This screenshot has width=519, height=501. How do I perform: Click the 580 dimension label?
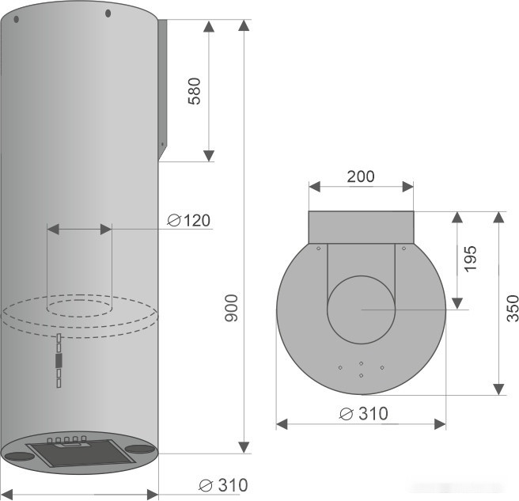(195, 91)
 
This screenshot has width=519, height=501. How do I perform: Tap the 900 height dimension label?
(231, 308)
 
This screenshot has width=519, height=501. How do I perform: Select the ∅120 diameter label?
(188, 221)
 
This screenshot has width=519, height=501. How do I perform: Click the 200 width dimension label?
(361, 176)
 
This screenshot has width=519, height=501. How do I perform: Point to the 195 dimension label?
(470, 259)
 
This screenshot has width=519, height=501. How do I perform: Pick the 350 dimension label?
(513, 308)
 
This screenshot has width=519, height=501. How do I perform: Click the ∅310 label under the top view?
(364, 414)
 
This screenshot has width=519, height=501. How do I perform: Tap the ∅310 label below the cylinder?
(223, 485)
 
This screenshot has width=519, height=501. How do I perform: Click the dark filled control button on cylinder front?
(59, 360)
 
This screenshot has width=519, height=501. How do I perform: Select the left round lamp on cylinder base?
(20, 456)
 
